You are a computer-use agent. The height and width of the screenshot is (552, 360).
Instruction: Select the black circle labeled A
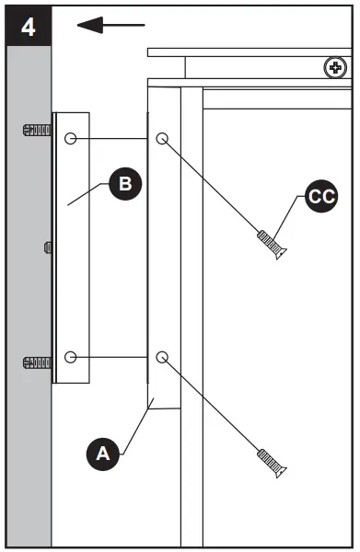[x=102, y=453]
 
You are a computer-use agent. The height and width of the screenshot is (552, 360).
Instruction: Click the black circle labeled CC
[x=321, y=197]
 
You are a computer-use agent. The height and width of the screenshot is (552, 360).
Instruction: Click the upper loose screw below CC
[x=272, y=245]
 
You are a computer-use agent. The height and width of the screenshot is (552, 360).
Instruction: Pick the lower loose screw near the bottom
[x=272, y=462]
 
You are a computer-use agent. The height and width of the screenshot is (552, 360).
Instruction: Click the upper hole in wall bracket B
[x=71, y=139]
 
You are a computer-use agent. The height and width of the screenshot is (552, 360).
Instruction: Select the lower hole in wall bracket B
[x=71, y=357]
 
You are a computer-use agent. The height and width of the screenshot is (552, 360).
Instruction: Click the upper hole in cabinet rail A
[x=162, y=139]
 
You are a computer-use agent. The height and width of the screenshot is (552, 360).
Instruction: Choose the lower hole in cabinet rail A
[x=162, y=357]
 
